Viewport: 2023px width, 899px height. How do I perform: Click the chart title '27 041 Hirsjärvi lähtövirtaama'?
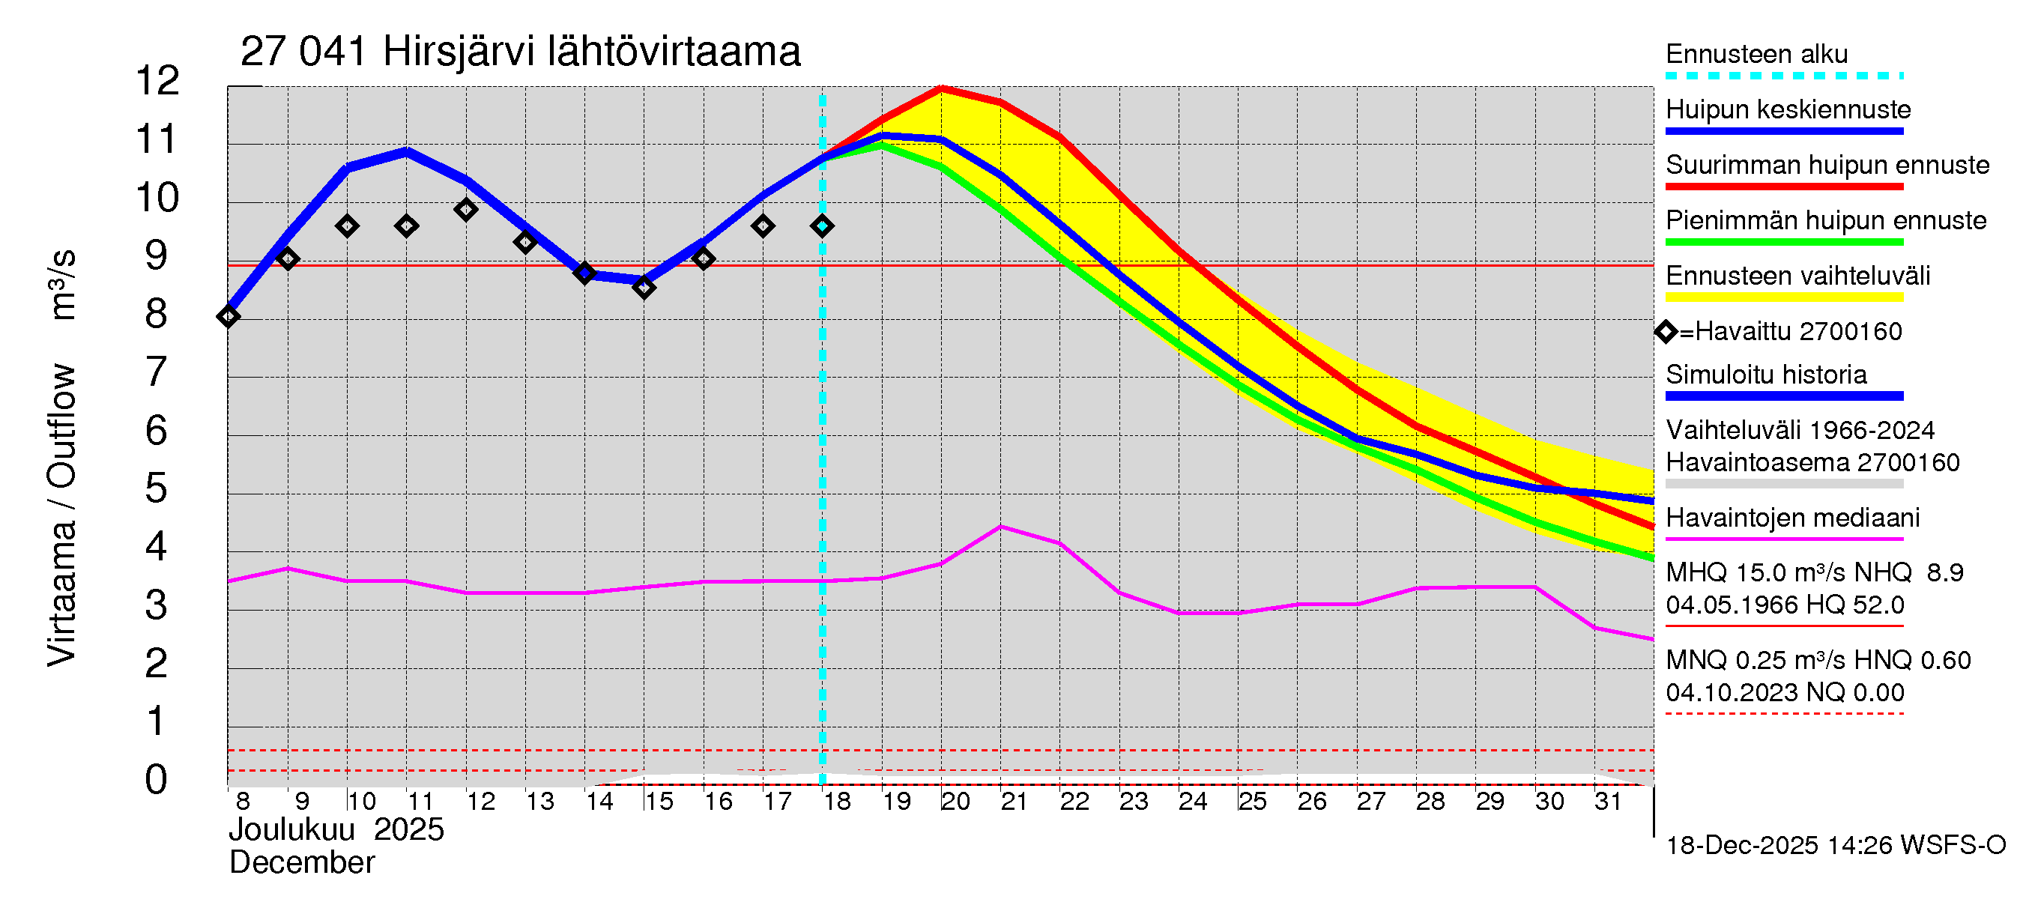click(520, 52)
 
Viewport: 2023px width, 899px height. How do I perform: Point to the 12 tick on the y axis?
click(157, 81)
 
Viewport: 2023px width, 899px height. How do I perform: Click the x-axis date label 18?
click(837, 801)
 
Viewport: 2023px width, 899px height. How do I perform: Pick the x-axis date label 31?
click(1608, 801)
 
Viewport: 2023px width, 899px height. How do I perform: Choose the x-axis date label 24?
click(1192, 801)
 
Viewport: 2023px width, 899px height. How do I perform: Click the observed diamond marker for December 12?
click(466, 210)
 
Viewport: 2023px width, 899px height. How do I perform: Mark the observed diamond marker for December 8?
click(229, 316)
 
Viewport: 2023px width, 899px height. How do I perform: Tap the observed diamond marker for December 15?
click(644, 288)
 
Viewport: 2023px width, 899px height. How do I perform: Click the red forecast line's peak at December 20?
click(941, 88)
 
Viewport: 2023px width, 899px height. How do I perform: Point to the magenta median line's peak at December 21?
click(1000, 527)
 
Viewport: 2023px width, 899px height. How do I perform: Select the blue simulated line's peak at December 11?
click(407, 151)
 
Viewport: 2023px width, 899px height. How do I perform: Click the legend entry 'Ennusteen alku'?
click(1756, 54)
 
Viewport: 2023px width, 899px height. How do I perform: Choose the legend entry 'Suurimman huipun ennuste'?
click(1827, 165)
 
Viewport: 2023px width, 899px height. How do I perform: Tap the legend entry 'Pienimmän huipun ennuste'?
click(1825, 220)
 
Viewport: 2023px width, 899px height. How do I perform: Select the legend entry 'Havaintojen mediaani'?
click(1792, 518)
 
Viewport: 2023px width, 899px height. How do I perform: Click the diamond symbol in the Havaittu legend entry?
click(1666, 331)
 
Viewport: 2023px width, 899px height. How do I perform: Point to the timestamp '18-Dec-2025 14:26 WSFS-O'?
click(1835, 845)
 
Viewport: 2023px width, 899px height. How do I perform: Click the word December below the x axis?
click(301, 863)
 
